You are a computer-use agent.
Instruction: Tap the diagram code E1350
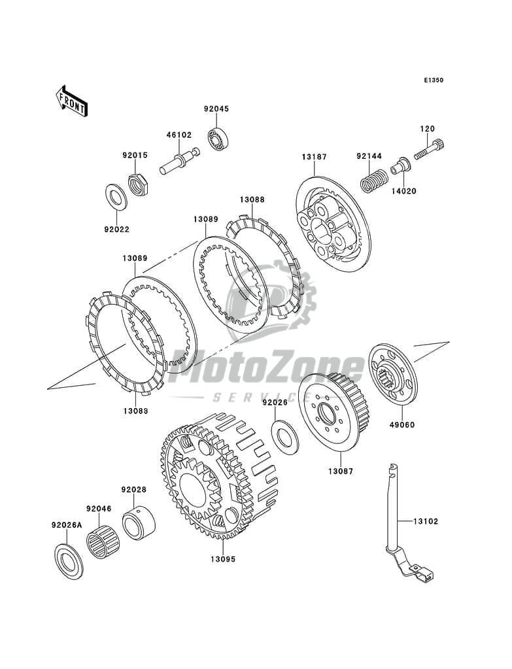click(433, 80)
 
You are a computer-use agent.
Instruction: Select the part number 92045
click(216, 110)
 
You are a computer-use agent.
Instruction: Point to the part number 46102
click(179, 135)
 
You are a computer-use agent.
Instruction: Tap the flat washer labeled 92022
click(116, 195)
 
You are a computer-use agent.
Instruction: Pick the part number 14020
click(403, 192)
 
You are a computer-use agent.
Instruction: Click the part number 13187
click(314, 158)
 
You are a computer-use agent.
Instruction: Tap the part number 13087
click(341, 470)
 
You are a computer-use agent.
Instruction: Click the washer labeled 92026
click(285, 436)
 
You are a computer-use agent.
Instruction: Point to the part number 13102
click(425, 521)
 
